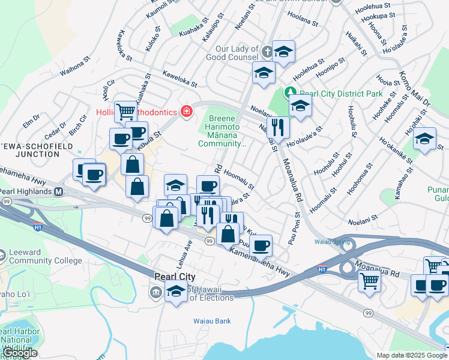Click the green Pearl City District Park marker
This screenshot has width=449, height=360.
(x=291, y=92)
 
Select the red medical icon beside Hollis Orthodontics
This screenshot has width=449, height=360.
(x=187, y=112)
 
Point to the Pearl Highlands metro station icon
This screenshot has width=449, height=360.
(x=59, y=192)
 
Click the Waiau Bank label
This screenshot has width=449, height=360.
(x=212, y=321)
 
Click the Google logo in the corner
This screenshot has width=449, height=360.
(x=20, y=353)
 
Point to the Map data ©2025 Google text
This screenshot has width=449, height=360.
(x=411, y=355)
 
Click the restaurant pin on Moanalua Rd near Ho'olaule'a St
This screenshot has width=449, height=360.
(x=277, y=127)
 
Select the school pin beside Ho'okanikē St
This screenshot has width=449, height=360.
(x=424, y=140)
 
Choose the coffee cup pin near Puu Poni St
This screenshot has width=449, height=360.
(x=261, y=245)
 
